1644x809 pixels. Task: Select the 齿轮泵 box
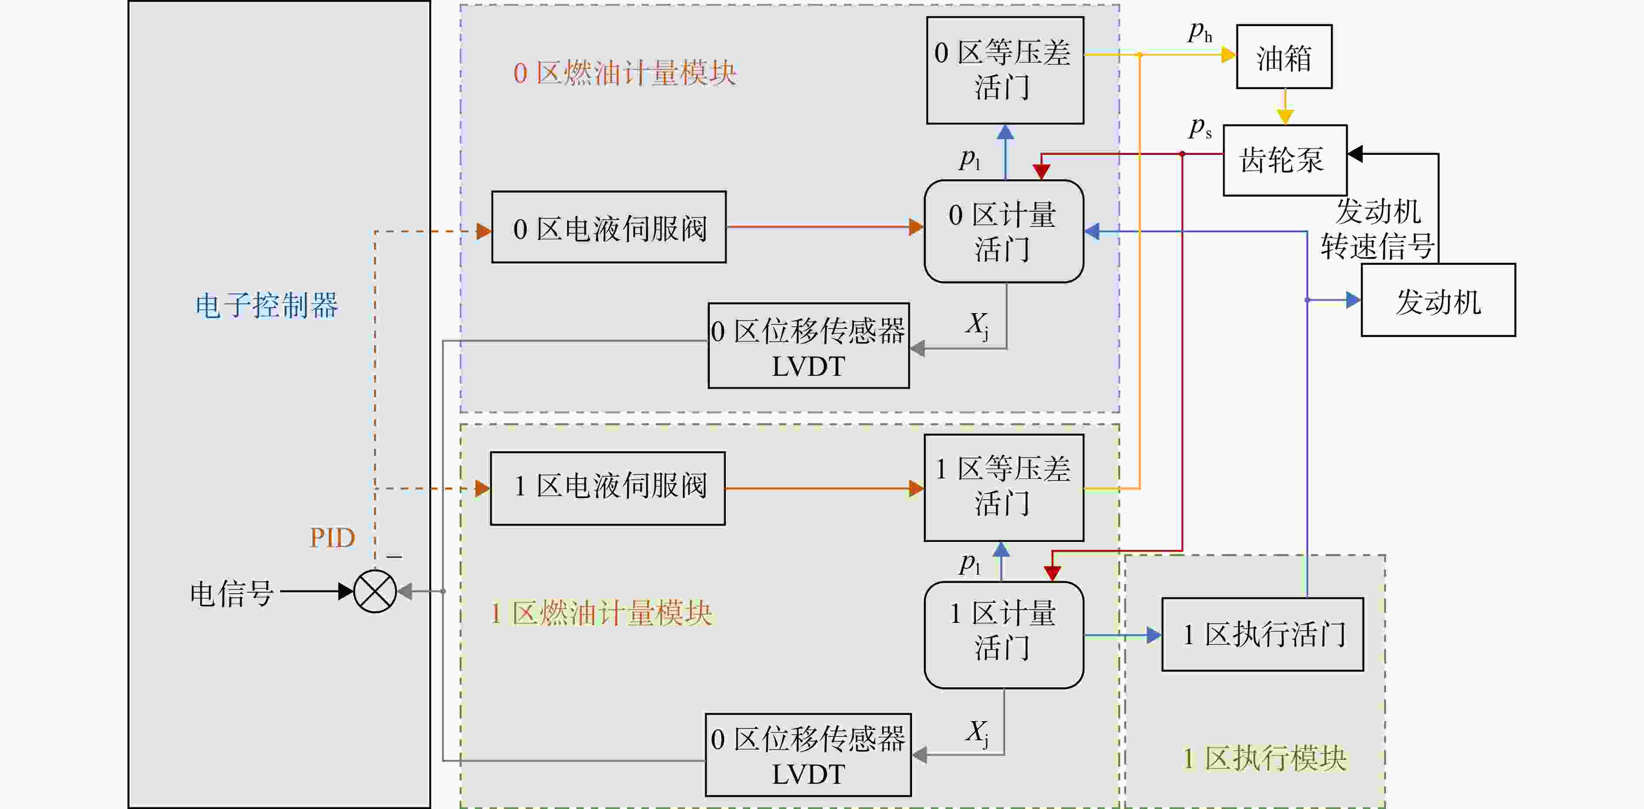click(x=1285, y=160)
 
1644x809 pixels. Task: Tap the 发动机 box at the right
click(x=1439, y=300)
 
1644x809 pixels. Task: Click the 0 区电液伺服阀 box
click(x=609, y=227)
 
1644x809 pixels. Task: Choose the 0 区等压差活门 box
click(x=1005, y=70)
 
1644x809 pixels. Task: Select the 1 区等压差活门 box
click(x=1004, y=488)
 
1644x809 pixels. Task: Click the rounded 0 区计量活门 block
click(x=1004, y=231)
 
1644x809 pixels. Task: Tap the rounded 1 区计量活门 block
click(x=1004, y=635)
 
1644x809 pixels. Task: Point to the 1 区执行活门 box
click(x=1262, y=634)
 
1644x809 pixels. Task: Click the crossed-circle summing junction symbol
click(x=375, y=592)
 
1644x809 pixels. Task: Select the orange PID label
click(x=332, y=538)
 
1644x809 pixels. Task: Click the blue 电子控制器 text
click(x=267, y=306)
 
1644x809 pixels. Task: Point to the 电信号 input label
click(x=232, y=593)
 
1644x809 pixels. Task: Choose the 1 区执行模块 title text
click(x=1265, y=759)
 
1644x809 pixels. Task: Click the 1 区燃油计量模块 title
click(x=601, y=613)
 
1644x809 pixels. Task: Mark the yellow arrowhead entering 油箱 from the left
click(x=1229, y=55)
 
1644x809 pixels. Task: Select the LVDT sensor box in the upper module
click(x=809, y=346)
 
